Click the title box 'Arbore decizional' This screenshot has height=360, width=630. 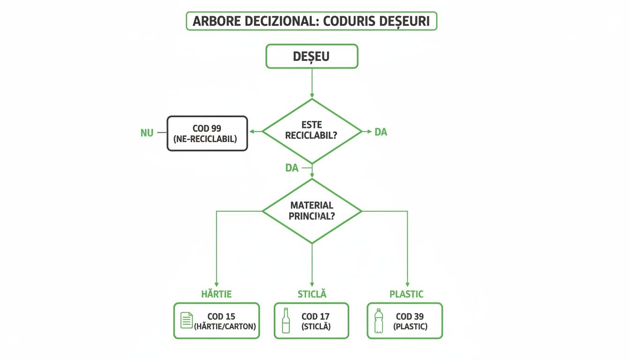click(311, 22)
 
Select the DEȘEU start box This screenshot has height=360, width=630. click(312, 57)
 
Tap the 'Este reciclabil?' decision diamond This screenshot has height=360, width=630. click(312, 131)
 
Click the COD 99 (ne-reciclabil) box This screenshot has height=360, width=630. click(207, 134)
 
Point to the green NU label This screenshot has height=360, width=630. click(147, 133)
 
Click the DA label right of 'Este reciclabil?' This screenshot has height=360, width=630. click(381, 132)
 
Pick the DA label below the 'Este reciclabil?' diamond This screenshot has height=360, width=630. click(292, 168)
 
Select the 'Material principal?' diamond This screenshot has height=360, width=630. click(312, 211)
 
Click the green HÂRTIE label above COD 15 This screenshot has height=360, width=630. click(216, 294)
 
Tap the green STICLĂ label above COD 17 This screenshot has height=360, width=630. click(312, 294)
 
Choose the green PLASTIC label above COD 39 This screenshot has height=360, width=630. click(406, 294)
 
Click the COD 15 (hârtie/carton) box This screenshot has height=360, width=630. click(216, 321)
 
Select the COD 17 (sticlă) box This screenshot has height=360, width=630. click(311, 321)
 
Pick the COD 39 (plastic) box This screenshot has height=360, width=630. click(405, 321)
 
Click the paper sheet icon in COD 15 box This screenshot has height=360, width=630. click(187, 321)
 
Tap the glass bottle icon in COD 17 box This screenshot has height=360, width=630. click(286, 321)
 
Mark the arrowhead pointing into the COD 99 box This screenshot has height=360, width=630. click(251, 132)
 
